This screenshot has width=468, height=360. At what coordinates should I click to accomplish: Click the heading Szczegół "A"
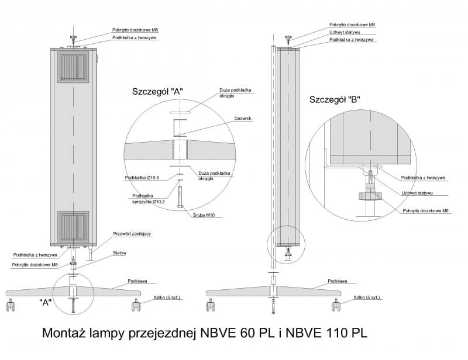pyautogui.click(x=158, y=92)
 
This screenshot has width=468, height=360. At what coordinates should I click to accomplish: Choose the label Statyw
pyautogui.click(x=120, y=253)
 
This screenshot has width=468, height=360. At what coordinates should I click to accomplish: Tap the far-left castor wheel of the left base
pyautogui.click(x=11, y=305)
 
